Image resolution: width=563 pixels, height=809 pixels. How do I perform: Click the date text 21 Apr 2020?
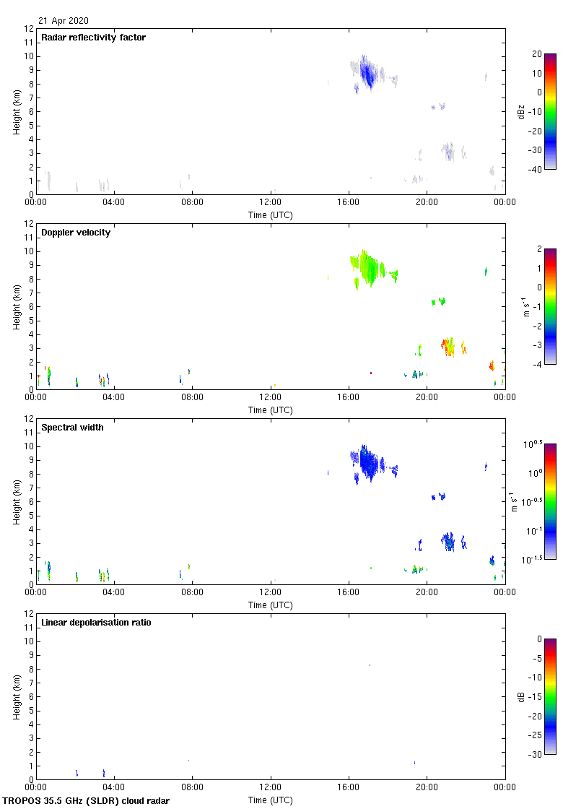point(64,21)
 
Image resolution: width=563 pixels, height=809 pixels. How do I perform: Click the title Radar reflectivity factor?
point(93,38)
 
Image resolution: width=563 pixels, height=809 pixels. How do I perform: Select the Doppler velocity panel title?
point(76,233)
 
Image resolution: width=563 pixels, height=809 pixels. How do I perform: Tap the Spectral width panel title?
point(71,428)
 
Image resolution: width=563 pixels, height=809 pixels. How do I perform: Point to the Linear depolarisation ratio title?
point(96,623)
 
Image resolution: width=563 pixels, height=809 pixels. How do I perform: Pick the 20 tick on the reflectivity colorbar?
point(536,54)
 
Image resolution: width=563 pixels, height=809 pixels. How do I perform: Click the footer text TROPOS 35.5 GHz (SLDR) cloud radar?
point(87,801)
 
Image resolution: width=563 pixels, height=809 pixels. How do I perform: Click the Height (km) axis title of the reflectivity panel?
point(16,111)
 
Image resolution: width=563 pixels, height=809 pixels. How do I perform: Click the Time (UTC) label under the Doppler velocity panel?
point(271,410)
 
